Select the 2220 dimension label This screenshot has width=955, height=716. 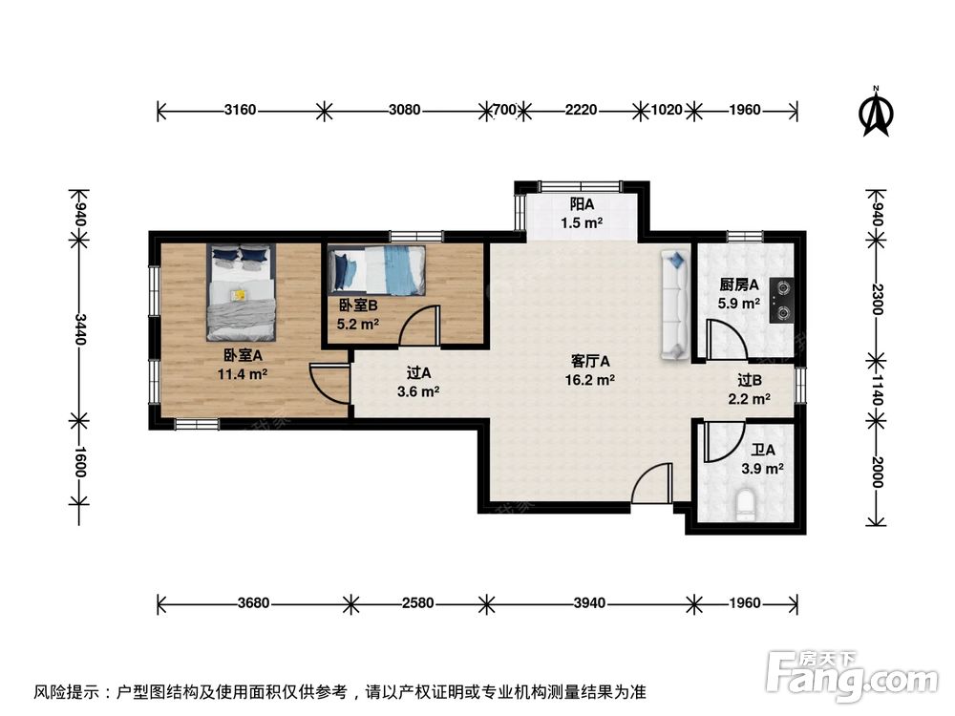[x=581, y=110]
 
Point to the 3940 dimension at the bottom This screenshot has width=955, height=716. [x=590, y=602]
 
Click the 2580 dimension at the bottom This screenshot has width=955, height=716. [x=418, y=602]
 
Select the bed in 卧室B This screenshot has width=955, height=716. [x=378, y=270]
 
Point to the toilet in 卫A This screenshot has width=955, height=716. [x=747, y=503]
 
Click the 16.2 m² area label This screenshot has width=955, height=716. [x=592, y=379]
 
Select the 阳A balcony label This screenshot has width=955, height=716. [x=582, y=203]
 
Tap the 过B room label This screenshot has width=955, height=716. [x=750, y=380]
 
